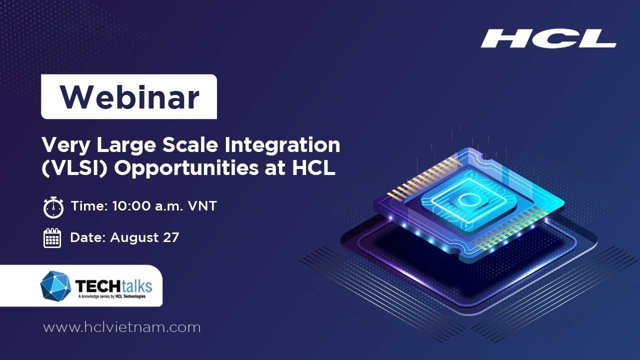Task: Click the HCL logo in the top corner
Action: tap(548, 39)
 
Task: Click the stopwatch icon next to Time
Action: tap(53, 207)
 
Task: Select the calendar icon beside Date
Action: tap(52, 238)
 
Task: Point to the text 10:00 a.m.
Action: tap(142, 206)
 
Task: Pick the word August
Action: tap(133, 237)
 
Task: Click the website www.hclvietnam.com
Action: tap(121, 327)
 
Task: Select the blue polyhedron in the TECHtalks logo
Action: tap(55, 285)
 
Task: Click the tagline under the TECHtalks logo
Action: tap(113, 297)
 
